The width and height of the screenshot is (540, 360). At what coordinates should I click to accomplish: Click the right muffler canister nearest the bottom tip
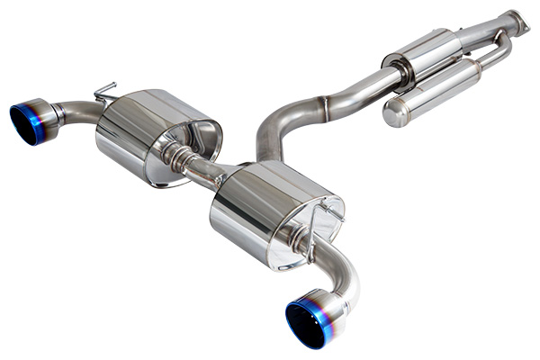[270, 216]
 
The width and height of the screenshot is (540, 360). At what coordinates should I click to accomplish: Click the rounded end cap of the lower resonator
[396, 113]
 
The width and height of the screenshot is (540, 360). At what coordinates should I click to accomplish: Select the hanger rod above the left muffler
[104, 89]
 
